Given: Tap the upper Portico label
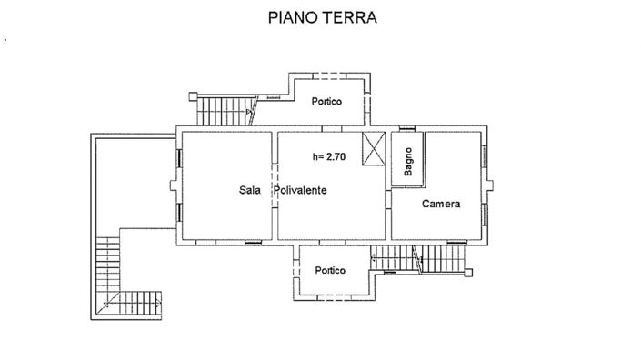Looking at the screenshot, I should point(324,101).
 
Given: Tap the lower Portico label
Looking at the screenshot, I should point(330,271).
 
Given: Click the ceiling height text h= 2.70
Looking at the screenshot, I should point(328,155).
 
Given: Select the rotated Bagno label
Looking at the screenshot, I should point(409,160).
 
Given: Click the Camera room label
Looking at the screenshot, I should point(441,205).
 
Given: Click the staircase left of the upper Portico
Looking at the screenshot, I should point(222,110).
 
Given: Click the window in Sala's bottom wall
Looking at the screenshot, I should point(252,241).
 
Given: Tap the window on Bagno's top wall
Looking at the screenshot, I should point(406,128).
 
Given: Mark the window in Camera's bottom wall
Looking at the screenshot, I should point(454,241).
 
